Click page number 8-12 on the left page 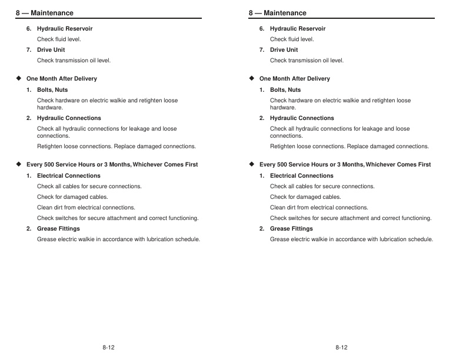(108, 348)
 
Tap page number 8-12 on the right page (341, 348)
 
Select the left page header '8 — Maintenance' (45, 13)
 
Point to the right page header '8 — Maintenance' (278, 13)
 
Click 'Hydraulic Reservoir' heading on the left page (65, 29)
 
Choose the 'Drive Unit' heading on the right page (284, 50)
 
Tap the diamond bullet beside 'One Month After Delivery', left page (18, 78)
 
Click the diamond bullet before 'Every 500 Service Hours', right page (251, 164)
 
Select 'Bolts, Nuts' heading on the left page (52, 90)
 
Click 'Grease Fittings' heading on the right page (291, 229)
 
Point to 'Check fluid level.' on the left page (59, 39)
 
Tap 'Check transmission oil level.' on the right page (307, 61)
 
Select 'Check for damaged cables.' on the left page (72, 197)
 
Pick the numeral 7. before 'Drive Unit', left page (29, 50)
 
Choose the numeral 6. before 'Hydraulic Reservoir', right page (262, 29)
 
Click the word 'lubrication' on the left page (159, 239)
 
